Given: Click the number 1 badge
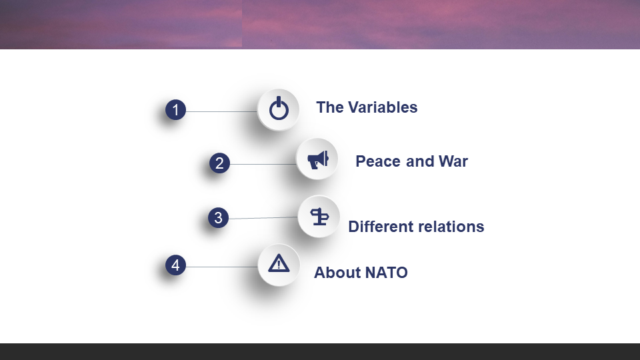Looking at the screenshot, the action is (x=175, y=110).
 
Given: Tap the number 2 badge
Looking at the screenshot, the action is (x=219, y=163).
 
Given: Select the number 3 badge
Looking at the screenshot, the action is (x=219, y=217).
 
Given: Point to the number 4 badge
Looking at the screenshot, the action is (x=175, y=265).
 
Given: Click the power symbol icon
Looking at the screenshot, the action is (x=279, y=109).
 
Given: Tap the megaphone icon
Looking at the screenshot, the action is (x=319, y=159).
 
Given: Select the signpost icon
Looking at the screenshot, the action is (x=319, y=217).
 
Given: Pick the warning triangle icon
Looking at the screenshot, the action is (x=279, y=263).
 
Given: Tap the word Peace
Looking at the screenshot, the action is (x=379, y=161).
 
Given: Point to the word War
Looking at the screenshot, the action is (x=453, y=161).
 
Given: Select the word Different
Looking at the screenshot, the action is (x=383, y=227).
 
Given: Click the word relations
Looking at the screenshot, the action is (x=453, y=227).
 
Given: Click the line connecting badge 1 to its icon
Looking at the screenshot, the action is (x=221, y=111).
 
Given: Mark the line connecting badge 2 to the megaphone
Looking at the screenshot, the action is (x=263, y=165).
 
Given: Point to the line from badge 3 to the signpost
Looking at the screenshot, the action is (x=263, y=218).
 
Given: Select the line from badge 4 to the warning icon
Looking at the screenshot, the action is (x=221, y=267).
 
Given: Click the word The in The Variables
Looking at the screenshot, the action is (x=330, y=107).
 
